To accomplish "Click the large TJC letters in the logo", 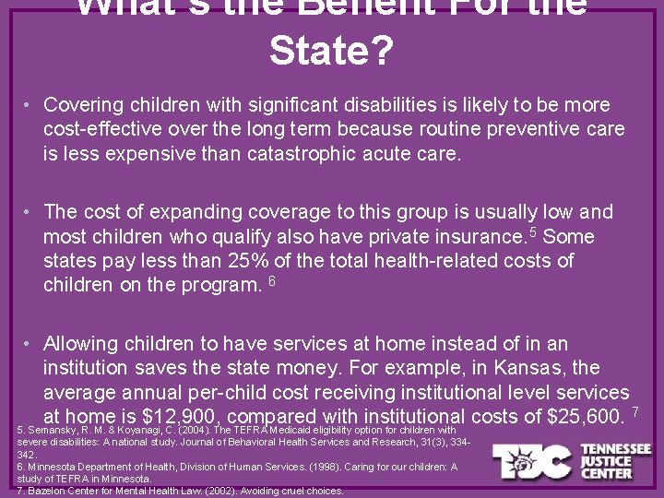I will click(x=532, y=461).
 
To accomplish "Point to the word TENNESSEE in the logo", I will click(x=615, y=449).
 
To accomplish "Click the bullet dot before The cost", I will click(x=30, y=212).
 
